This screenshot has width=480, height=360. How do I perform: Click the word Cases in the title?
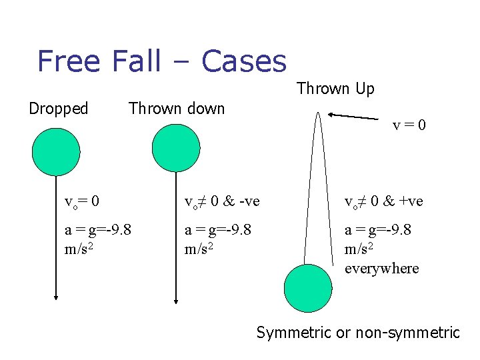pos(243,61)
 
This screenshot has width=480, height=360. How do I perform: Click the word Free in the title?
pos(69,61)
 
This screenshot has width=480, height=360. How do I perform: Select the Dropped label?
pos(59,109)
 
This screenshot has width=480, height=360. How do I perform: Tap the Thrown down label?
pos(177,108)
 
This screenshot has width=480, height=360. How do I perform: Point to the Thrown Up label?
pos(335,88)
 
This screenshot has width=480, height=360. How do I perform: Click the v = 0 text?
pos(409,125)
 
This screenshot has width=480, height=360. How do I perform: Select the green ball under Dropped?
pos(56,149)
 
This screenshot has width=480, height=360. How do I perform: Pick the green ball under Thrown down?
pos(176,148)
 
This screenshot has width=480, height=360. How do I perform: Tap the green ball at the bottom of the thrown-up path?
pos(307,289)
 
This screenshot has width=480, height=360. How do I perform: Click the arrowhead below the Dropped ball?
pos(56,299)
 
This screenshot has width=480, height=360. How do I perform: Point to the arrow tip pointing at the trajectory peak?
pos(331,115)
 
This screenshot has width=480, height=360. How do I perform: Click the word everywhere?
pos(381,268)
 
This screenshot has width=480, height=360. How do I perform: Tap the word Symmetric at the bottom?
pos(293,332)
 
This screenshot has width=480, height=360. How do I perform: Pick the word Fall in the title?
pos(136,61)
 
